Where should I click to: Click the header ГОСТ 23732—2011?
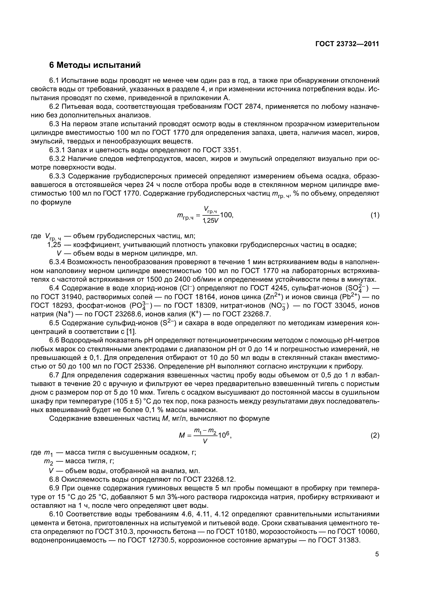[x=347, y=44]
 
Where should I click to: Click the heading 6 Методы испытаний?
[x=95, y=65]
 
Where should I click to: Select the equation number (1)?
[x=375, y=215]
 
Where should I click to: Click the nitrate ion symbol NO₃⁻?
[x=279, y=306]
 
